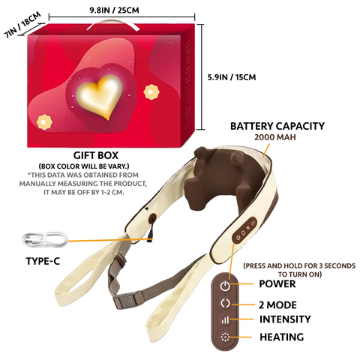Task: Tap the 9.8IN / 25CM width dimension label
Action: (x=114, y=10)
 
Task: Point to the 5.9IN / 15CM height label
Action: (x=232, y=77)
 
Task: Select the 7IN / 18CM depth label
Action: (x=22, y=25)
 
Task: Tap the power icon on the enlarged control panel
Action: (x=225, y=286)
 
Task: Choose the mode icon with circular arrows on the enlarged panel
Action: (x=225, y=303)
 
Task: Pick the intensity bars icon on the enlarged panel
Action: (x=225, y=319)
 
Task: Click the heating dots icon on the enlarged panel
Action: (x=225, y=337)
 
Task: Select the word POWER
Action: (x=277, y=284)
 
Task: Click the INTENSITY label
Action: (x=285, y=319)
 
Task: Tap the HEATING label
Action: (x=282, y=337)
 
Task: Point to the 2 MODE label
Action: (x=277, y=305)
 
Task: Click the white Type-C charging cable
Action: (x=44, y=239)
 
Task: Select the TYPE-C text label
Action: (x=43, y=261)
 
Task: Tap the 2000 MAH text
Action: (x=275, y=137)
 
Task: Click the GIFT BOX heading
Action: (x=95, y=155)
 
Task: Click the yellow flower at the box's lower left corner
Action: (x=44, y=122)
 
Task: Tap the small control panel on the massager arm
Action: (x=244, y=229)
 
